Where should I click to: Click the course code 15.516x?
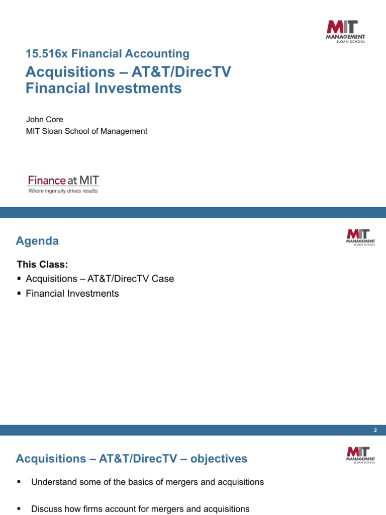point(44,54)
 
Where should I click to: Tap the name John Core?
point(45,120)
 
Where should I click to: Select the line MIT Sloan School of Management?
point(86,131)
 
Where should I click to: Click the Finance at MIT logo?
point(63,180)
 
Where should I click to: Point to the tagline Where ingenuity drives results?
point(63,191)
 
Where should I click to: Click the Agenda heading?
point(37,241)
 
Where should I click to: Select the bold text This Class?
point(42,265)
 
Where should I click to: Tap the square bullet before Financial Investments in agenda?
point(19,294)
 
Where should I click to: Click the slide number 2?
point(375,431)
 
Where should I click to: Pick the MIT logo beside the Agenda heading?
point(360,237)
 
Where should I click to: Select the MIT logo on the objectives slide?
point(360,455)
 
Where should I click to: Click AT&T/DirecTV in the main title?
point(181,72)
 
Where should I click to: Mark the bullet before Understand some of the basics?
point(19,482)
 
